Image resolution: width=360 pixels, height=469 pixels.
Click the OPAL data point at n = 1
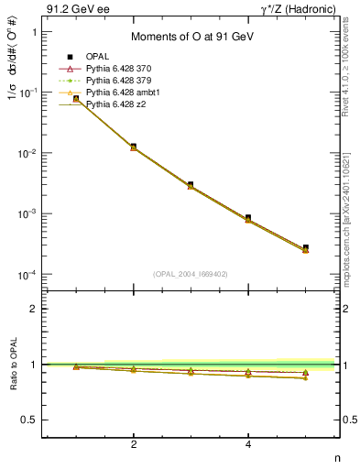76,99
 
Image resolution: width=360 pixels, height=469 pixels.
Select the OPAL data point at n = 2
134,146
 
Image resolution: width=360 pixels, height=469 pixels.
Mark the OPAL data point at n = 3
191,184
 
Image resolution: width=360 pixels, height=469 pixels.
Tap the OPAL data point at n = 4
248,218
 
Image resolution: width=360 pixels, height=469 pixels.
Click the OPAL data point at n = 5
305,247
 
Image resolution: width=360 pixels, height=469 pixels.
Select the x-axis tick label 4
248,444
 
